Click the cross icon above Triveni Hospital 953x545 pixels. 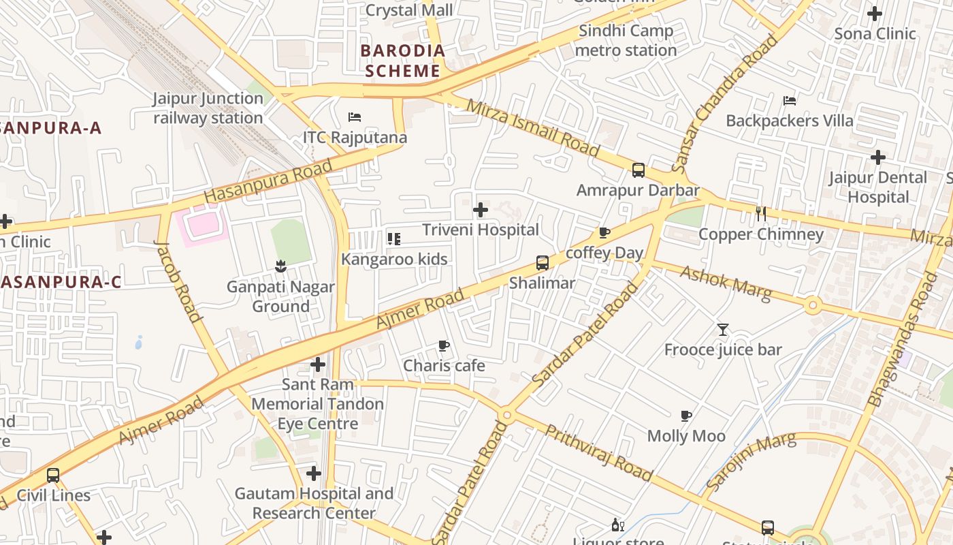point(481,210)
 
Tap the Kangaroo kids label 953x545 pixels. point(394,259)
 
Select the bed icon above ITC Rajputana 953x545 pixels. point(354,117)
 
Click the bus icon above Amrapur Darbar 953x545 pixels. point(638,170)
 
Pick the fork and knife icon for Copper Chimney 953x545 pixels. point(761,214)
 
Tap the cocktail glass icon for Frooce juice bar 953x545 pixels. point(723,330)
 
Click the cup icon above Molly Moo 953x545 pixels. point(686,416)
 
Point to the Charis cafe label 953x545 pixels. point(444,366)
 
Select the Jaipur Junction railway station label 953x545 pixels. point(208,108)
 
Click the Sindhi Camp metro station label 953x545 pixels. point(626,40)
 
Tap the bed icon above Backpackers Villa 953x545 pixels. point(790,101)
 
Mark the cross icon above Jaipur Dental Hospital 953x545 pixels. point(878,157)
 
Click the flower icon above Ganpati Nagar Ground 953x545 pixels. point(280,266)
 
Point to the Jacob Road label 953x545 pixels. point(178,280)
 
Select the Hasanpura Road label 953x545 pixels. point(268,181)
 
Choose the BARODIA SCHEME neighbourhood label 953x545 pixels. point(402,61)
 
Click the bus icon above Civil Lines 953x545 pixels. point(53,475)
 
